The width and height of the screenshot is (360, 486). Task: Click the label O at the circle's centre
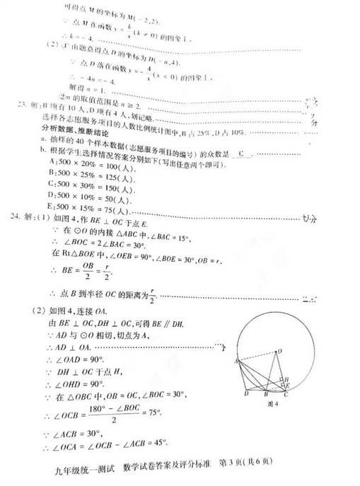click(x=281, y=351)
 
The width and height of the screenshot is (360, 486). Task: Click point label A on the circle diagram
click(x=231, y=361)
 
